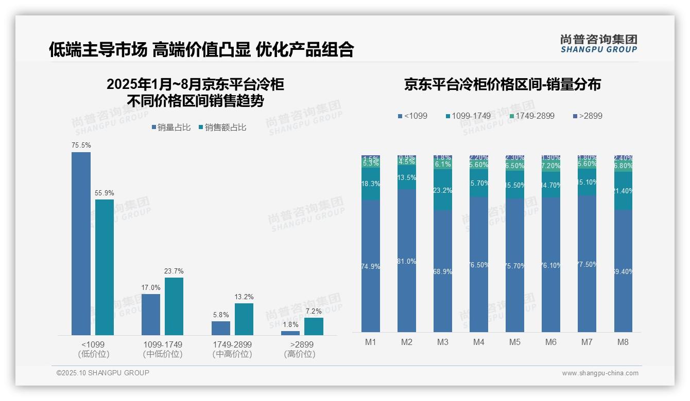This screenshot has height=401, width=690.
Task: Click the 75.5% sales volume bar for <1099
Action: (81, 244)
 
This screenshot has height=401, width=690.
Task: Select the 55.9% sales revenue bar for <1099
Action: (105, 267)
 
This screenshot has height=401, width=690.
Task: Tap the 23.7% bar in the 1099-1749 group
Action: (174, 306)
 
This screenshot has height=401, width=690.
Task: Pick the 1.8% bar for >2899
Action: (290, 333)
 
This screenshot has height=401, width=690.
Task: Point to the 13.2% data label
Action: (244, 297)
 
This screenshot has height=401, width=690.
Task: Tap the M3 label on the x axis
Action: (443, 342)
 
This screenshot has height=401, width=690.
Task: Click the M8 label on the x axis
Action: (623, 342)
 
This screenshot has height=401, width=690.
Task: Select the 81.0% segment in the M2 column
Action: (407, 261)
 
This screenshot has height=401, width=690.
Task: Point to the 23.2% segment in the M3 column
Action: (443, 191)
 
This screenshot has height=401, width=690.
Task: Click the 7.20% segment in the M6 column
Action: (550, 166)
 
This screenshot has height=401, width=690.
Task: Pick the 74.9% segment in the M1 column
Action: (371, 266)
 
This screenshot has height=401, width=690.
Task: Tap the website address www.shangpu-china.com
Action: (600, 373)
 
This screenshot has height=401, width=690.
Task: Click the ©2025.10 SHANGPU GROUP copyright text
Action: (103, 373)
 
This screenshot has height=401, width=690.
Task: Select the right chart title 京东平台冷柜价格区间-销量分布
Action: (502, 85)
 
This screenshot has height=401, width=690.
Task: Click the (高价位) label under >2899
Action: (300, 354)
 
